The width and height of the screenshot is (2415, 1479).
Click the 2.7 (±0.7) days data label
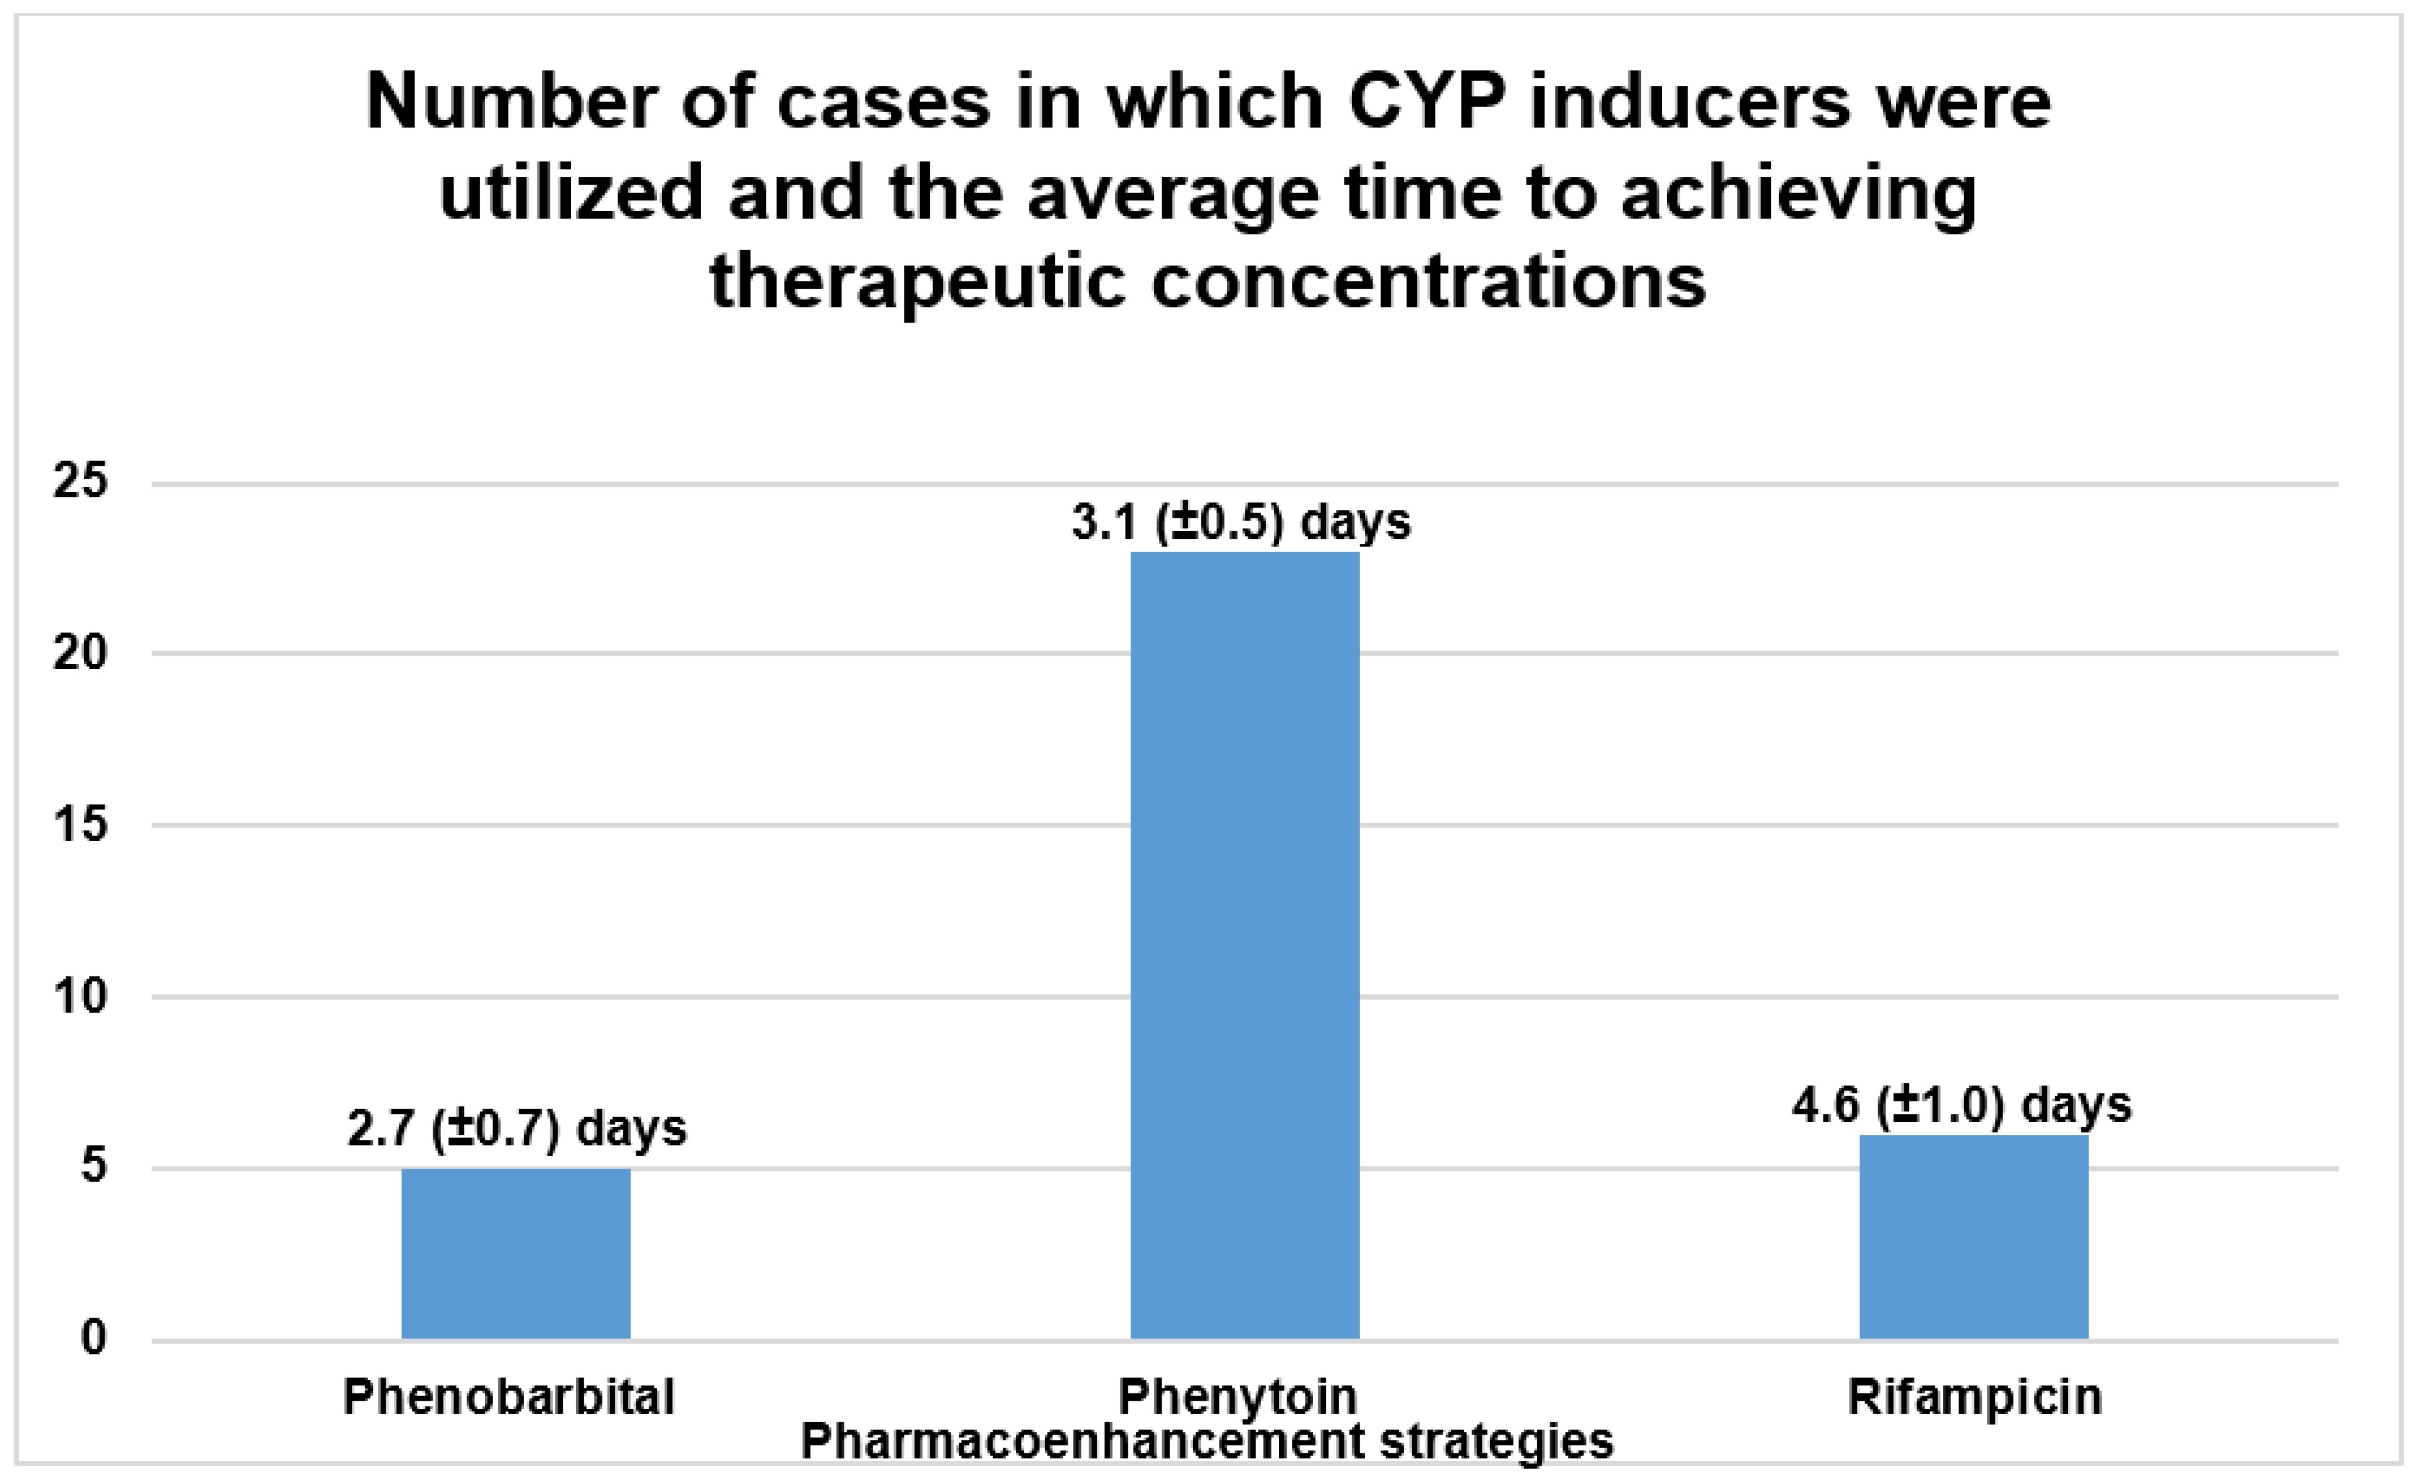pos(517,1128)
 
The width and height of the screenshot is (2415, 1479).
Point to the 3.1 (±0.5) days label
pos(1241,521)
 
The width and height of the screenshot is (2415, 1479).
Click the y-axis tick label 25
pos(79,482)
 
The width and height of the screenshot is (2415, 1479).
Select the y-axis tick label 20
pos(79,653)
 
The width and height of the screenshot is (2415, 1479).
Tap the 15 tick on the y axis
pos(79,825)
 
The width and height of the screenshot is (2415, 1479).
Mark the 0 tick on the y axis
pos(93,1338)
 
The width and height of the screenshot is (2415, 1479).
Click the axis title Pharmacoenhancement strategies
pos(1207,1442)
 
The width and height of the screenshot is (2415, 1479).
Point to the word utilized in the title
pos(570,192)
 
